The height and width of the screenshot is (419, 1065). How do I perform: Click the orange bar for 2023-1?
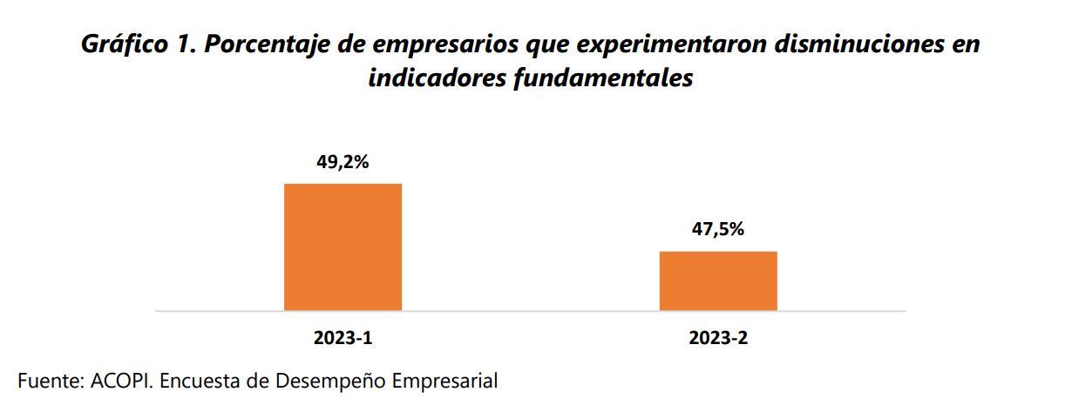click(x=343, y=247)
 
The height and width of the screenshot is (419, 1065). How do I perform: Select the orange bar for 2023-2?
click(x=717, y=280)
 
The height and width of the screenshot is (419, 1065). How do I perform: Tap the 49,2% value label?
click(x=343, y=162)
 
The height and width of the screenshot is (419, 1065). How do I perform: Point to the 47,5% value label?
click(x=717, y=230)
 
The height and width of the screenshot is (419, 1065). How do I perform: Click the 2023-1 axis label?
click(x=343, y=339)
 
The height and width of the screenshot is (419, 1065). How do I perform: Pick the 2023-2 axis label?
click(x=717, y=339)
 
